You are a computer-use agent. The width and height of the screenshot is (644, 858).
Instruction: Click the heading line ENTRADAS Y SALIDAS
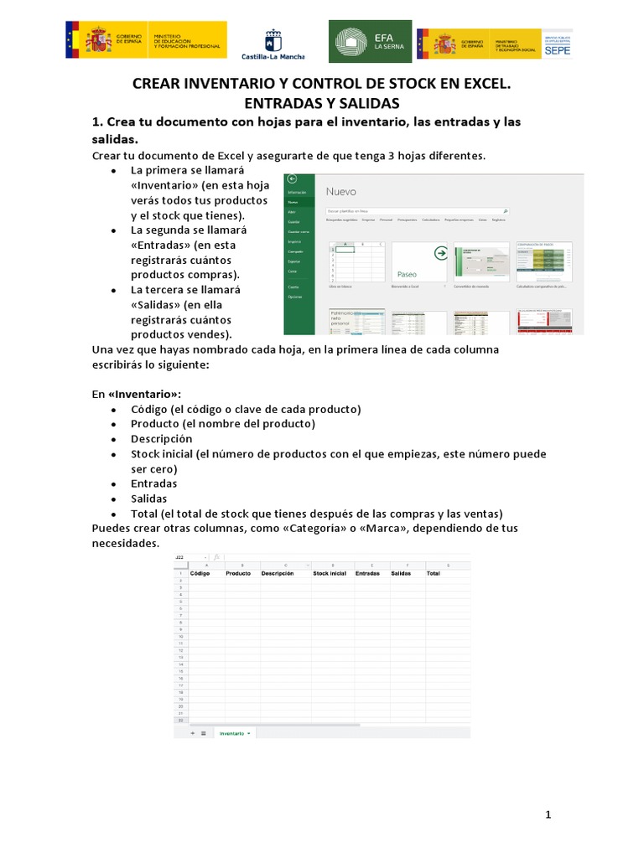point(322,103)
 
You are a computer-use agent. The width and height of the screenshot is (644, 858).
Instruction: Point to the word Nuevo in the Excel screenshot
point(341,192)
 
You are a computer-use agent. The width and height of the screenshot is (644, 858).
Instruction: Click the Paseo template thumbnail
point(419,261)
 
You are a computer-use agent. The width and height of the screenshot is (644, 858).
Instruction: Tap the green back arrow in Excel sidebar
point(292,179)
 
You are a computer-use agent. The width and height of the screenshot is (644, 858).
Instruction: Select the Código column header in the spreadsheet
point(200,574)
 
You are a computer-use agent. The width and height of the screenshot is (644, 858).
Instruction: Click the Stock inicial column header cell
point(329,574)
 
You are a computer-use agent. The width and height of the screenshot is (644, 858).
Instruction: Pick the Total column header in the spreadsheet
point(433,574)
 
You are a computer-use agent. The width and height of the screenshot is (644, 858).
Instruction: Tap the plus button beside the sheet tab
point(193,732)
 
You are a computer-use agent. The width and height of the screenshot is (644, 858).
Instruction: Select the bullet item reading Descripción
point(161,439)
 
